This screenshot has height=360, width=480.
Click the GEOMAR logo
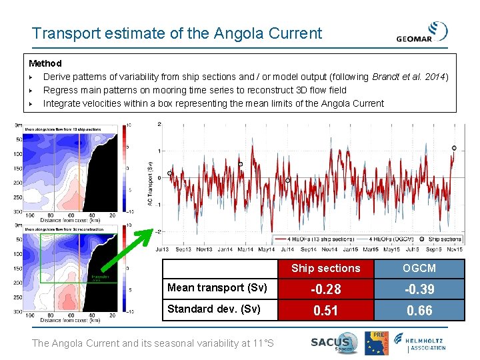(x=421, y=33)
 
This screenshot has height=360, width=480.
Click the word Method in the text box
(x=45, y=63)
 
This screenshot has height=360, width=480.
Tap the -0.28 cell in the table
(x=326, y=289)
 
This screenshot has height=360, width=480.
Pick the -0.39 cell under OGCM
(x=419, y=289)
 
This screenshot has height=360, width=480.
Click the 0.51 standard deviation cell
(x=326, y=310)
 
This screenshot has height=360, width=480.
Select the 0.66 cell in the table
(x=419, y=310)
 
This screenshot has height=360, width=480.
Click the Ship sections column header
(x=326, y=268)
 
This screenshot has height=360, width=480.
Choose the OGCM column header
(x=419, y=268)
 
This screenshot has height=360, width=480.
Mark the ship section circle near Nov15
(x=454, y=148)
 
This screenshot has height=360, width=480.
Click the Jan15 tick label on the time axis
(x=351, y=249)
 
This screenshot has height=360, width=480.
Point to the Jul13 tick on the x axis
(x=162, y=249)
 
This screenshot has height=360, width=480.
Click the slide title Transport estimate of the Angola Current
(x=177, y=33)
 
